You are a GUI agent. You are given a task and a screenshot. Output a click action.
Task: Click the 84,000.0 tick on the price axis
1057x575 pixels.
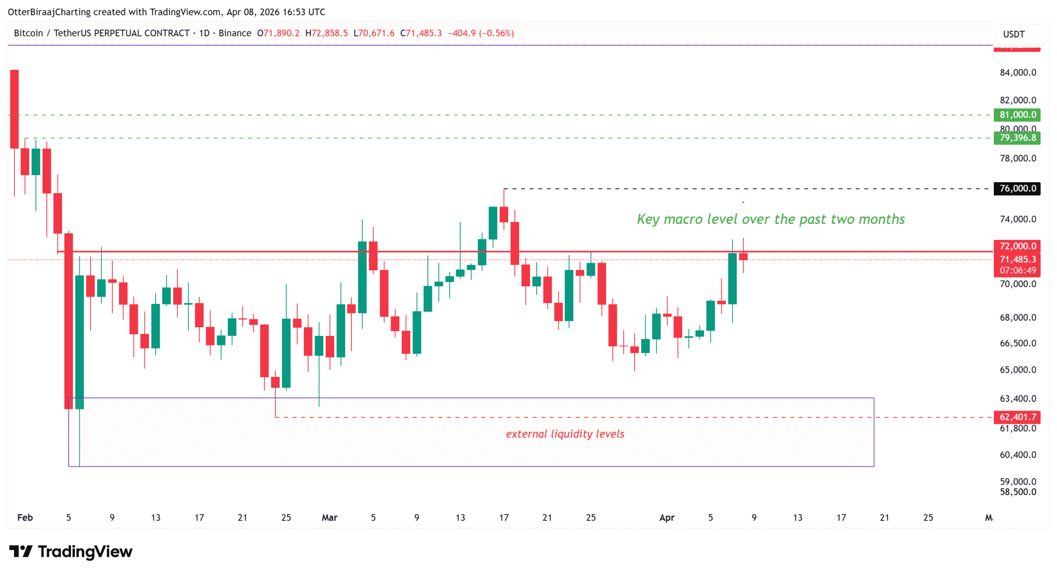pyautogui.click(x=1017, y=73)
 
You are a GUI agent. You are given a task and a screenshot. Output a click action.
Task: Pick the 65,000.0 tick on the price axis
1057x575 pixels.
pyautogui.click(x=1017, y=370)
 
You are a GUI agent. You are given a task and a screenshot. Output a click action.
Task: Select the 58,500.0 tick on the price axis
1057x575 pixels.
pyautogui.click(x=1017, y=492)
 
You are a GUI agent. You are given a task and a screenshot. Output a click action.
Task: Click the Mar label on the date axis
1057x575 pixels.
pyautogui.click(x=329, y=517)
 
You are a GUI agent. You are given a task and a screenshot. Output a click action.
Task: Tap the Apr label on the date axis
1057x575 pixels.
pyautogui.click(x=666, y=517)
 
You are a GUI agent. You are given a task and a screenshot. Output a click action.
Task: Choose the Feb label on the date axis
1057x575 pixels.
pyautogui.click(x=25, y=517)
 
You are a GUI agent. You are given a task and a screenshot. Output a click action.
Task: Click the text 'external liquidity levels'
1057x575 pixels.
pyautogui.click(x=565, y=434)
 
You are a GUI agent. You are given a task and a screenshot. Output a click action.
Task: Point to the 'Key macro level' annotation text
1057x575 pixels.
pyautogui.click(x=770, y=219)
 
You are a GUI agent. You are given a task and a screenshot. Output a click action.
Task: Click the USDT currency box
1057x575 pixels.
pyautogui.click(x=1014, y=34)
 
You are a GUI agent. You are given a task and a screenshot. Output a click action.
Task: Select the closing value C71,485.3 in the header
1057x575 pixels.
pyautogui.click(x=420, y=33)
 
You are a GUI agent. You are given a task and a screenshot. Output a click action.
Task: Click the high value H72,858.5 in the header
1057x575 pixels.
pyautogui.click(x=326, y=33)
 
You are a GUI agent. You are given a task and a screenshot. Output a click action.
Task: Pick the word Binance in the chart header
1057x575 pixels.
pyautogui.click(x=235, y=33)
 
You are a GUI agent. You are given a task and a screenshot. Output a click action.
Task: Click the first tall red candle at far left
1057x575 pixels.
pyautogui.click(x=14, y=109)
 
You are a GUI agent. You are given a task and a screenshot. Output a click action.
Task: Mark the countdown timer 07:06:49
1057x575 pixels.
pyautogui.click(x=1017, y=270)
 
